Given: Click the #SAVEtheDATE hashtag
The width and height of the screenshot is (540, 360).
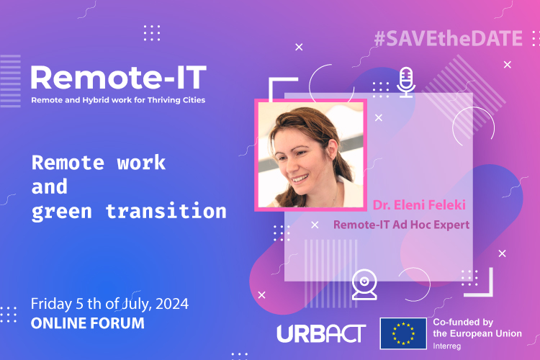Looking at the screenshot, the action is point(449,38).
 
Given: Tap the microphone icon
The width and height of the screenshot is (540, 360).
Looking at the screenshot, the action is point(406,82).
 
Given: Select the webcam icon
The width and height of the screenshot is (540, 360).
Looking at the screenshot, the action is point(364,284).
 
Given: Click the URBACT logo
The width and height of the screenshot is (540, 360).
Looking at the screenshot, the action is point(321,333).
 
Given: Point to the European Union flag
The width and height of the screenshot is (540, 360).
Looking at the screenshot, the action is point(403,333).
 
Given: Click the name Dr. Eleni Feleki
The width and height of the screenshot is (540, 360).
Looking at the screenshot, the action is point(419,205).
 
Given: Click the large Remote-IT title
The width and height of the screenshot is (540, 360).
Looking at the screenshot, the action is point(119,78).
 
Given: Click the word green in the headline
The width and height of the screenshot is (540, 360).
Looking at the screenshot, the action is point(62,212).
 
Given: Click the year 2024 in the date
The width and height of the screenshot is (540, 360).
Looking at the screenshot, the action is point(172,304).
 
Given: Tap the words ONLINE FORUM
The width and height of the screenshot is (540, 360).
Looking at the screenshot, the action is point(87,323).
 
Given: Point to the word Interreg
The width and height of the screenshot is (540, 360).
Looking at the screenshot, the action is point(446,346).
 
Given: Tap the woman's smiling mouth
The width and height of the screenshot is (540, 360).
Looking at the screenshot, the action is point(300,179).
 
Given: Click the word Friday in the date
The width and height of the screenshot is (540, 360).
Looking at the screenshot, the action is point(51,304).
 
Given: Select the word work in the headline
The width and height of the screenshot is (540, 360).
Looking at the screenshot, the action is point(141,163).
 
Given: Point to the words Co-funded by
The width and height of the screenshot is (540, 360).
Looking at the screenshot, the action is point(463,322).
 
